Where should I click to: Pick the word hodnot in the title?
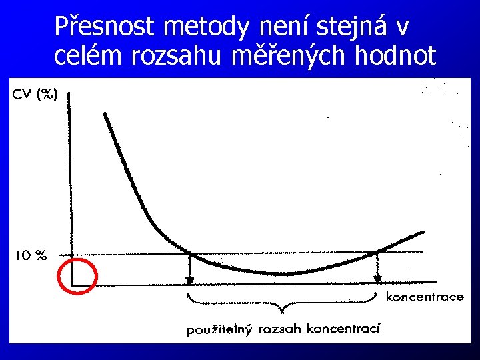[x=396, y=55]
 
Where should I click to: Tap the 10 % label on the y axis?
[x=31, y=255]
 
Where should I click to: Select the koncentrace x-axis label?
[x=424, y=297]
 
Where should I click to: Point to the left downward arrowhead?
[x=190, y=279]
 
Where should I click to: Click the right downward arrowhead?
[x=378, y=279]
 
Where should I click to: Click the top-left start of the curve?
[x=105, y=114]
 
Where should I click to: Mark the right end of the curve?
[x=423, y=231]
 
